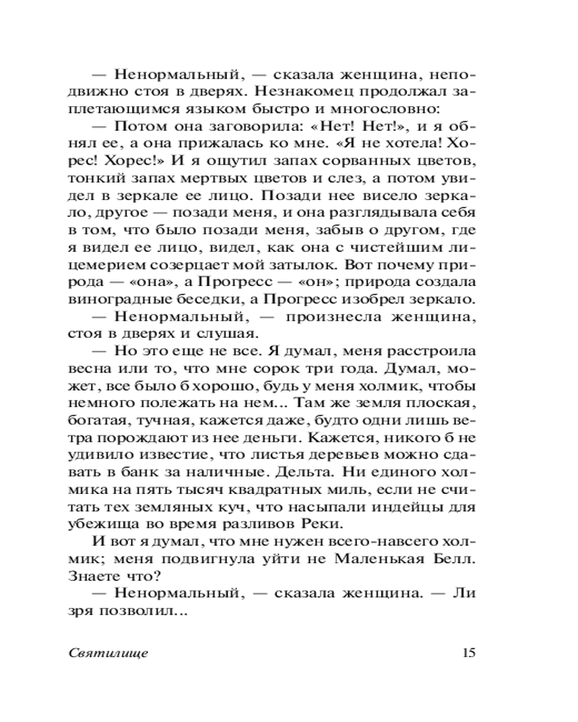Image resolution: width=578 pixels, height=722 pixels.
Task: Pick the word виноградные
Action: (x=142, y=297)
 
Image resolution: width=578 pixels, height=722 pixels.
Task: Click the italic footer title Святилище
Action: (x=109, y=653)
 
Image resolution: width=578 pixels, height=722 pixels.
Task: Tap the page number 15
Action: (x=467, y=653)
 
